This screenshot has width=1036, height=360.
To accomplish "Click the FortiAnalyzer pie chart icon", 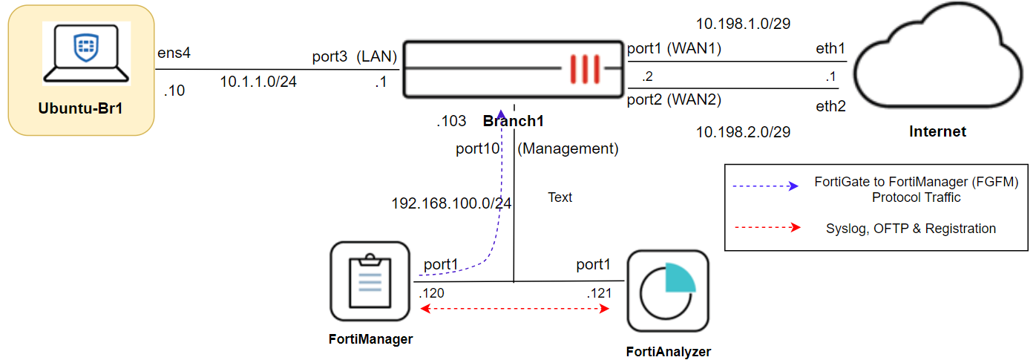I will pos(668,291).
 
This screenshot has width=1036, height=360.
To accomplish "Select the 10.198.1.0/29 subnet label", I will pos(743,24).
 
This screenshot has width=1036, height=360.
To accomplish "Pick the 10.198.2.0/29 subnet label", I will pos(743,132).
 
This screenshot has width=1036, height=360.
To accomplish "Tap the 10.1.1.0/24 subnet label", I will pos(258,82).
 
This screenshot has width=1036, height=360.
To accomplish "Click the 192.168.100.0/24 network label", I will pos(451,203).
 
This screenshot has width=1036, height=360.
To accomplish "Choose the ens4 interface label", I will pos(174,53).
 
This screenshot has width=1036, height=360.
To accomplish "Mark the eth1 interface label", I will pos(830,49).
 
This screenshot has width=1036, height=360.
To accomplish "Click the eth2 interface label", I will pos(830,106).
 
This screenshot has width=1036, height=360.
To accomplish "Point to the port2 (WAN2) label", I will pos(673,99).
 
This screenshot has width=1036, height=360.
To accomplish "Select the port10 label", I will pos(477,148).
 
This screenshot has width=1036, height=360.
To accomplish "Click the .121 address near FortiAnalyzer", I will pos(598,293).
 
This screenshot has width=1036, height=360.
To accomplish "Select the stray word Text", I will pos(560,197).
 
